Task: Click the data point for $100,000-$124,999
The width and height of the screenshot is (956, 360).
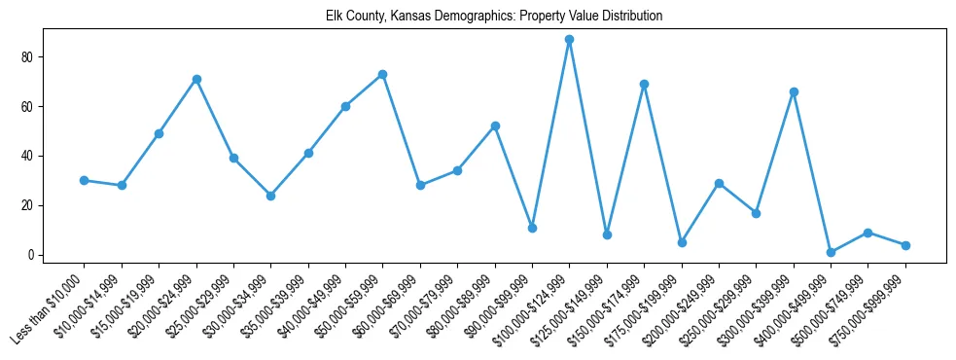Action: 569,40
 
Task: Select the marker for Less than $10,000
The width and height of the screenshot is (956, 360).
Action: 85,180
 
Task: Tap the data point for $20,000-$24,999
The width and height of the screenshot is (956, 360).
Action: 196,79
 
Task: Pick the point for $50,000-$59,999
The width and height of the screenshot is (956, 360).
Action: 383,74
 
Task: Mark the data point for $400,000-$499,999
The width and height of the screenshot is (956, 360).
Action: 831,252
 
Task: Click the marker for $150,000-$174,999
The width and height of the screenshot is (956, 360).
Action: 644,84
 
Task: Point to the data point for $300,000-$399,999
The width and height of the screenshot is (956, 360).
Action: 794,91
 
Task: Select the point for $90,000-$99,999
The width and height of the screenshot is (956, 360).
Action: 532,228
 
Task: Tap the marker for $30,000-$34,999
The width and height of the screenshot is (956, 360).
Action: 271,196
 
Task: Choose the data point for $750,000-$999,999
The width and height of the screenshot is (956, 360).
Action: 905,245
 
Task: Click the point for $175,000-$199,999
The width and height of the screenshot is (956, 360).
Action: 682,242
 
